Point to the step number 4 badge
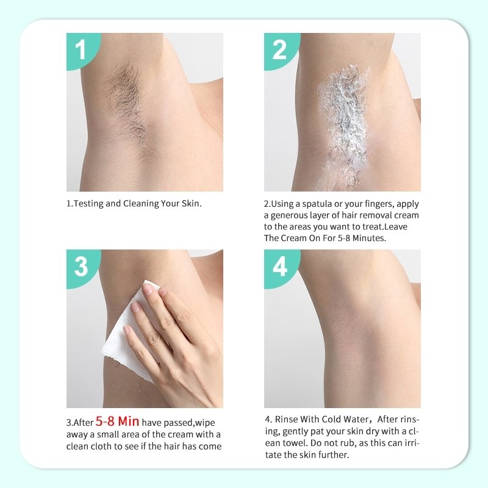(x=279, y=267)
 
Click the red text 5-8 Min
(x=118, y=422)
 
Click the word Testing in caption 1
(x=88, y=203)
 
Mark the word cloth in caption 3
(x=106, y=446)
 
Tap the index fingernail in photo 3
(x=147, y=290)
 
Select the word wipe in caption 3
(x=203, y=423)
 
